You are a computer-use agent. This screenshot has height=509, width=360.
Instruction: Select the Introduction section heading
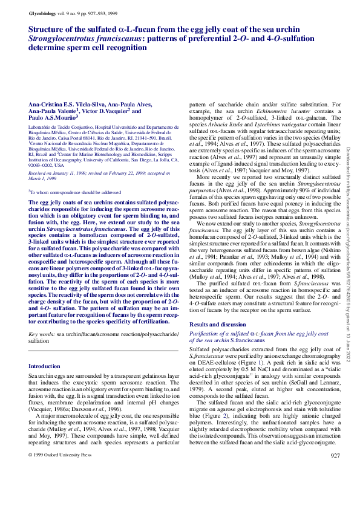pyautogui.click(x=45, y=366)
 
